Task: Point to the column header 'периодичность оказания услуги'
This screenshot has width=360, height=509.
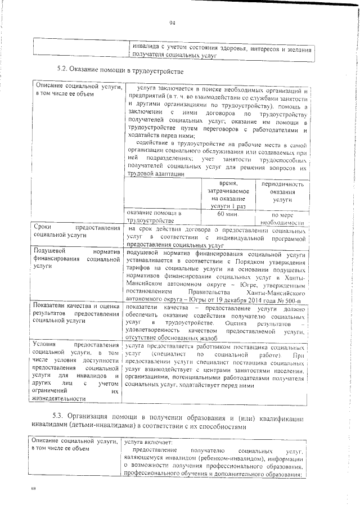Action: [282, 192]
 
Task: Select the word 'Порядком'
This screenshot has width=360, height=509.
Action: [244, 262]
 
